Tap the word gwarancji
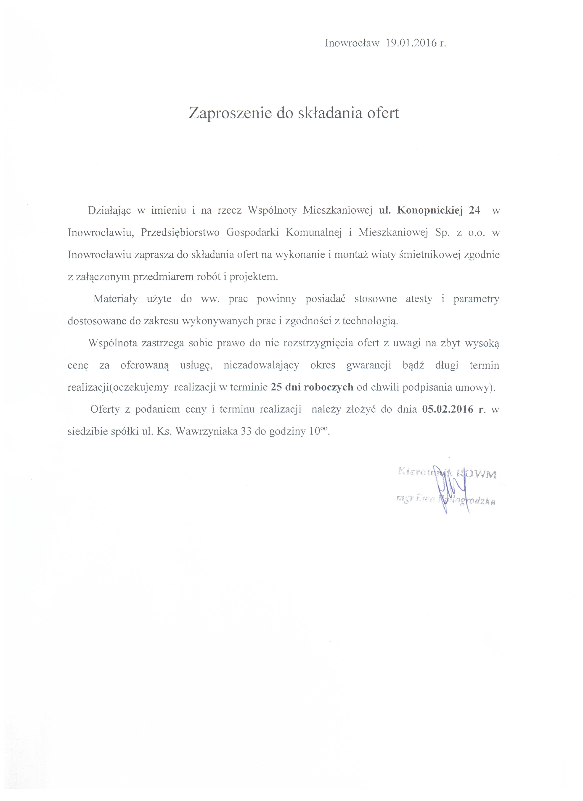pos(368,366)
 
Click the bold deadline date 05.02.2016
pos(448,410)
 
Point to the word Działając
pos(110,210)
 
